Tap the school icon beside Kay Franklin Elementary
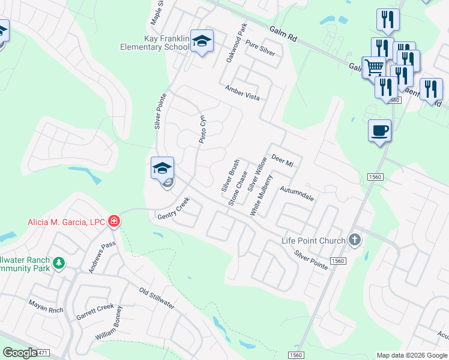click(x=202, y=41)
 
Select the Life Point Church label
click(x=313, y=241)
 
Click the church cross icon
click(x=355, y=241)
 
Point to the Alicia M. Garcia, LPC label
click(x=66, y=222)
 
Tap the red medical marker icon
click(x=114, y=222)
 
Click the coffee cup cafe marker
click(x=379, y=130)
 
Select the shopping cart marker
click(x=373, y=67)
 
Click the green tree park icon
click(x=58, y=263)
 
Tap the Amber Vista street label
click(x=242, y=92)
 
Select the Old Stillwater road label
click(x=157, y=298)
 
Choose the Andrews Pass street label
click(x=101, y=257)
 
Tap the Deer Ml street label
click(x=282, y=160)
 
